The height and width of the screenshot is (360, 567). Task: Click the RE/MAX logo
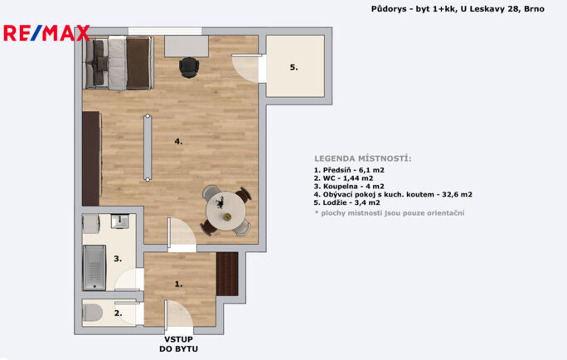46,33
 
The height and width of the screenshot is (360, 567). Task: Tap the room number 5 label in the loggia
293,67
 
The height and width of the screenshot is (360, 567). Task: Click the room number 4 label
178,142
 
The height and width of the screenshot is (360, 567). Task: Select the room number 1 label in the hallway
178,285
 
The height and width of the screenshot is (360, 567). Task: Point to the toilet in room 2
93,312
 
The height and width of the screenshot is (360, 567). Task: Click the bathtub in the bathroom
94,267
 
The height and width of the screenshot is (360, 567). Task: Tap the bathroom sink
119,221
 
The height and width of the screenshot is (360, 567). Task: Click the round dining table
225,211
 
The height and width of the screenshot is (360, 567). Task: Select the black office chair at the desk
189,67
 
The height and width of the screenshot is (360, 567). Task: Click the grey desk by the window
187,46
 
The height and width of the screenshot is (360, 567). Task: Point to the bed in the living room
119,62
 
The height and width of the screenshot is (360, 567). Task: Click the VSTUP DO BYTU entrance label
178,344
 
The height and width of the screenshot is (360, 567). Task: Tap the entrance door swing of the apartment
178,315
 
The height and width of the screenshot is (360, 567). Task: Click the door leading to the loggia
246,68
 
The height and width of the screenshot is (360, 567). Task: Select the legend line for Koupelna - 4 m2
349,187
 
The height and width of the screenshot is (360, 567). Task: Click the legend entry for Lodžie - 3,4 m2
346,202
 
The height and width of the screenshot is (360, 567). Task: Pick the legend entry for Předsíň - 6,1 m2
349,170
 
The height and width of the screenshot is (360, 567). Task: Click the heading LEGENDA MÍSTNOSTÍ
363,158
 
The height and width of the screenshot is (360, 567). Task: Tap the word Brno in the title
534,8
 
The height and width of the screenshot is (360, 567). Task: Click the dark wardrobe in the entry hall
227,274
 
